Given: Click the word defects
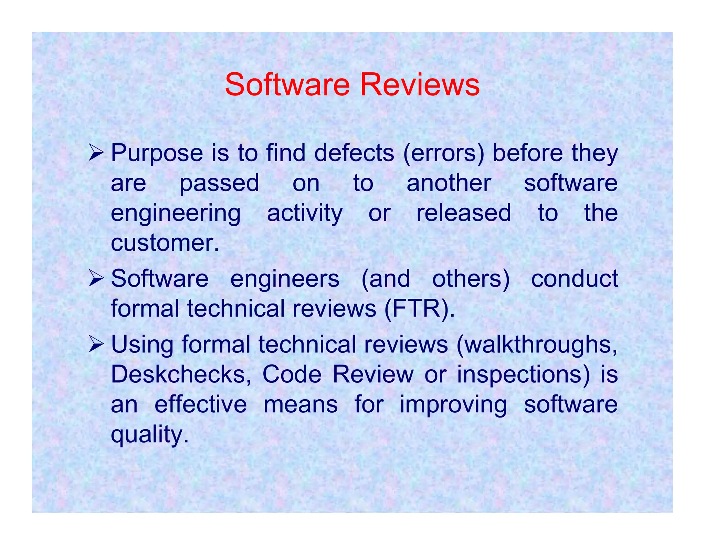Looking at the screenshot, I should pyautogui.click(x=354, y=153).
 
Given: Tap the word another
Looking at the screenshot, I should pyautogui.click(x=449, y=183).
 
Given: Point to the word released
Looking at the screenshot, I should pyautogui.click(x=464, y=213).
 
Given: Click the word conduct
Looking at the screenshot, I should pyautogui.click(x=574, y=279).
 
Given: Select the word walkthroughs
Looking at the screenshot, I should pyautogui.click(x=537, y=345).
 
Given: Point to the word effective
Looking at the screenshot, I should pyautogui.click(x=201, y=404).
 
